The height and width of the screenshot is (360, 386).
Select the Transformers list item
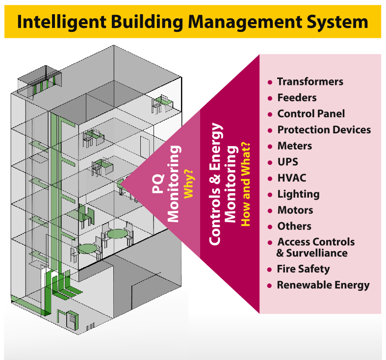click(310, 82)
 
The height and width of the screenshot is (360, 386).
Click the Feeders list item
click(297, 98)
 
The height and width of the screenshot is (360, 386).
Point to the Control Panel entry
click(311, 114)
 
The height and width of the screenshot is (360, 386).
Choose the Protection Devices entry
click(324, 130)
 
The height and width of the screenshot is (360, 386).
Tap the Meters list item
click(294, 146)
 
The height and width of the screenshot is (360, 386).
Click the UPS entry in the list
click(287, 162)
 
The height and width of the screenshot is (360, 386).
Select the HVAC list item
click(291, 178)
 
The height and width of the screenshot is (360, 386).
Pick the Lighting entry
click(298, 194)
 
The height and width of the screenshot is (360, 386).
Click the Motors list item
click(295, 210)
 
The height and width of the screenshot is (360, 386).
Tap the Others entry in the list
click(294, 226)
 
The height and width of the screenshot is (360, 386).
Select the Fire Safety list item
click(303, 269)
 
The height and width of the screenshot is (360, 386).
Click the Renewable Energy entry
click(323, 285)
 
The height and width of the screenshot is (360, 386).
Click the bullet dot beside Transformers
click(270, 82)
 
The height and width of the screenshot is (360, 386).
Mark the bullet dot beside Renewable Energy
click(270, 285)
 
